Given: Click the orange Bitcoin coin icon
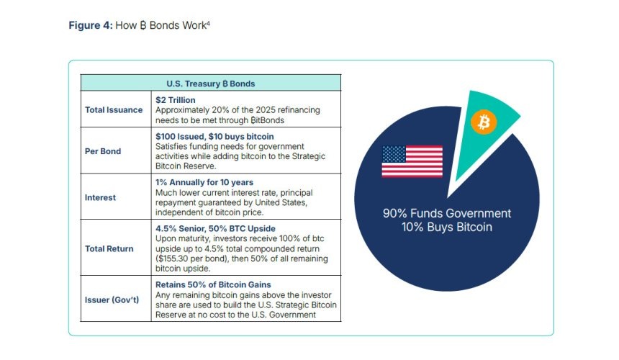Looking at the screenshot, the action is pyautogui.click(x=484, y=122).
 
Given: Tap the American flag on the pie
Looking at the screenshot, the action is pyautogui.click(x=412, y=161).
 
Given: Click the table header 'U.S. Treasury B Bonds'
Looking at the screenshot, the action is pyautogui.click(x=210, y=84).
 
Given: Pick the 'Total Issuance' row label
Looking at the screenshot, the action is pyautogui.click(x=114, y=109).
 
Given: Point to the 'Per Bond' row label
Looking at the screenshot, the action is pyautogui.click(x=103, y=151).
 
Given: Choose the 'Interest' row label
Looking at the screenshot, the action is pyautogui.click(x=100, y=197).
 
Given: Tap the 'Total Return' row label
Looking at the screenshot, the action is pyautogui.click(x=109, y=248).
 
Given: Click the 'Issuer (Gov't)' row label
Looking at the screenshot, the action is pyautogui.click(x=112, y=300).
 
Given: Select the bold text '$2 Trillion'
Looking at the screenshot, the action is pyautogui.click(x=176, y=100).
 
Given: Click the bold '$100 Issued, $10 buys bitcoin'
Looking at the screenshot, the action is pyautogui.click(x=214, y=137).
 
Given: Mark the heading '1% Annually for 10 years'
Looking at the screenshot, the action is pyautogui.click(x=204, y=182).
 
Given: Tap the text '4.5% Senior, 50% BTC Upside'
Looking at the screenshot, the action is pyautogui.click(x=215, y=228).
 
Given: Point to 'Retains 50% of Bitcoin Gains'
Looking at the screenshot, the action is pyautogui.click(x=213, y=284).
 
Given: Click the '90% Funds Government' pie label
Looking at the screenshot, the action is pyautogui.click(x=447, y=214).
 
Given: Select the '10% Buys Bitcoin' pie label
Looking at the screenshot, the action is pyautogui.click(x=447, y=228).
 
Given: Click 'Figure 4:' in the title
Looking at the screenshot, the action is pyautogui.click(x=91, y=25).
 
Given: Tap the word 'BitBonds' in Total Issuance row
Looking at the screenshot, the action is pyautogui.click(x=267, y=120).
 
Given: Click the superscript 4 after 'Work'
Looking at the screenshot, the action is pyautogui.click(x=208, y=23).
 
